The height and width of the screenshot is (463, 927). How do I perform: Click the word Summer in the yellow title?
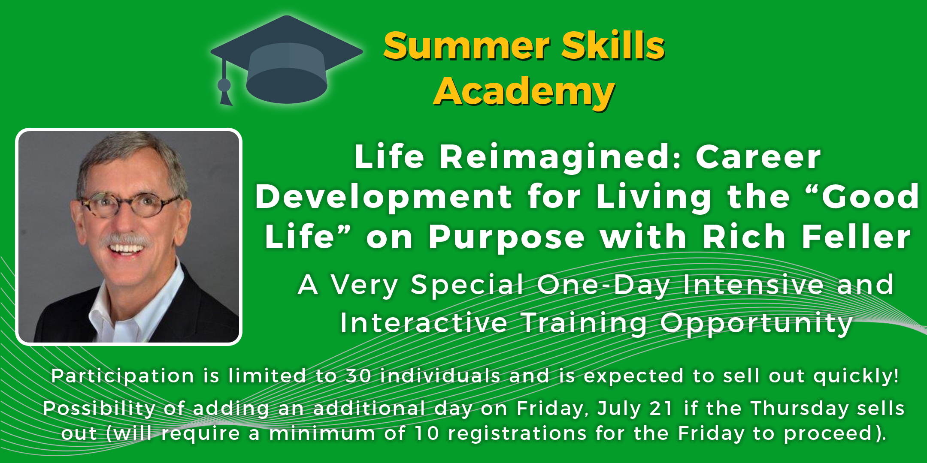(x=467, y=46)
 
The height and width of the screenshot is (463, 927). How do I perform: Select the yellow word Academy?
(x=524, y=92)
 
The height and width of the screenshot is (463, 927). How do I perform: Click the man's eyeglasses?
(x=129, y=203)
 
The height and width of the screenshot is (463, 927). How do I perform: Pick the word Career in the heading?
(x=758, y=157)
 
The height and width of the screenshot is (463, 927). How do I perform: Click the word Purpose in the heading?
(x=506, y=238)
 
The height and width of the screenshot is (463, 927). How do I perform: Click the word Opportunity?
(x=756, y=324)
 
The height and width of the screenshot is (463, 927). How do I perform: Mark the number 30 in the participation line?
(x=358, y=376)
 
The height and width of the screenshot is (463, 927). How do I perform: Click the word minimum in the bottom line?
(x=322, y=434)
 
